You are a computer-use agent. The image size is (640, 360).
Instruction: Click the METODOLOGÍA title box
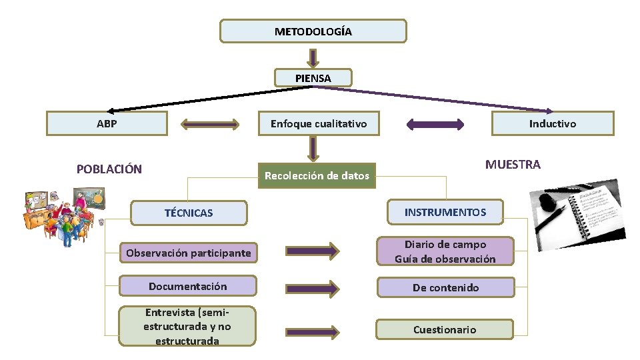pos(313,31)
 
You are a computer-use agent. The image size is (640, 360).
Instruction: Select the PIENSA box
pos(313,78)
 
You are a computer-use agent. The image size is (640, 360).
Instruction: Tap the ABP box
pos(107,123)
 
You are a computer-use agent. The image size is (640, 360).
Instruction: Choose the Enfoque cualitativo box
pos(318,123)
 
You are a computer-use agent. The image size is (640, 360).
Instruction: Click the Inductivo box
pos(552,123)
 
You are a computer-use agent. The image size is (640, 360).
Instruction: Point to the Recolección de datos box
pos(317,176)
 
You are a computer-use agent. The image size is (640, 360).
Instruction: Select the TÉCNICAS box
pos(189,213)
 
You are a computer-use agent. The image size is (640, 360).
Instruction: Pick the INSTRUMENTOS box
pos(445,212)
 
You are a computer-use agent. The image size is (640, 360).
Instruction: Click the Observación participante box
pos(189,253)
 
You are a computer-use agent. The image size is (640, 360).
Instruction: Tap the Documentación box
pos(187,286)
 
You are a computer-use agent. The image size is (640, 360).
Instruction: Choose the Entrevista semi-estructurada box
pos(187,326)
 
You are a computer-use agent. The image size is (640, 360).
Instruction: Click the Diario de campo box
pos(445,251)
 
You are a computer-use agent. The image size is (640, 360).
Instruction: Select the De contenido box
pos(445,287)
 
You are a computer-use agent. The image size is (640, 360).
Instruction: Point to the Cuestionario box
pos(445,329)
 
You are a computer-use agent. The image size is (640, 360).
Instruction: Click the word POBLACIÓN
pos(109,169)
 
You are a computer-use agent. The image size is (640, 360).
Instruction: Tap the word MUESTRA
pos(513,165)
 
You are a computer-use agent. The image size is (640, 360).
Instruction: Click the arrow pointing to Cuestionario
pos(313,331)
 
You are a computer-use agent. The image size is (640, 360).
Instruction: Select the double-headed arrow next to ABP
pos(210,123)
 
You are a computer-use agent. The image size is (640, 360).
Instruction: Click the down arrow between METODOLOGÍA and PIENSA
pos(313,57)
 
